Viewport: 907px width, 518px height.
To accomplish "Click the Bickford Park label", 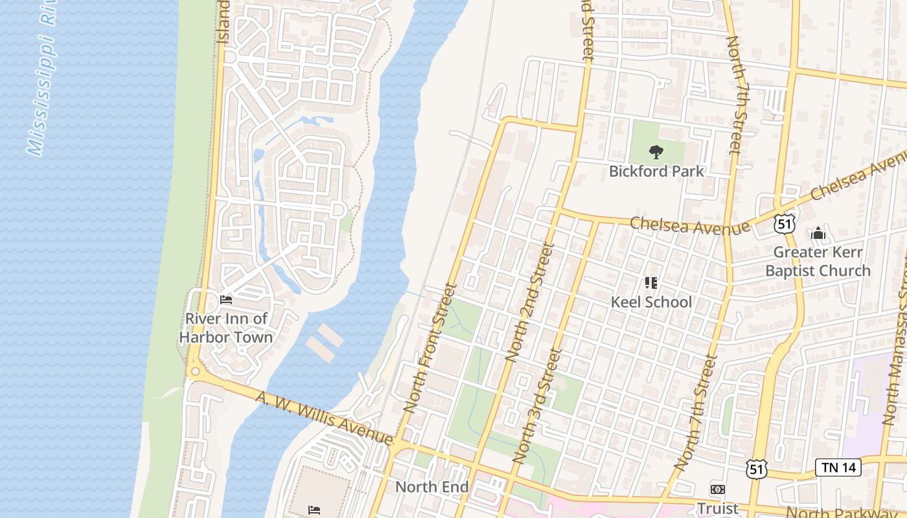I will click(656, 172).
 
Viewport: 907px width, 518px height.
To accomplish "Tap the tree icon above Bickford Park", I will click(656, 153).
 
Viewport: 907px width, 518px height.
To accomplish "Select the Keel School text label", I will click(651, 302).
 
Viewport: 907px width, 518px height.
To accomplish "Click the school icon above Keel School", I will click(651, 283).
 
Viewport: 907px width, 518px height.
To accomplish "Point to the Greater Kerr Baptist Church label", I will click(818, 262).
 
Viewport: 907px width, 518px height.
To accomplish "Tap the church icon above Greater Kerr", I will click(818, 233).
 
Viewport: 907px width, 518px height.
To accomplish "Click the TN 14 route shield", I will click(838, 467).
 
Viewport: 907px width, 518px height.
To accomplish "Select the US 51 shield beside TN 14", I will click(756, 469).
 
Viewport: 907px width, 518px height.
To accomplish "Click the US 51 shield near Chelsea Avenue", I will click(784, 223).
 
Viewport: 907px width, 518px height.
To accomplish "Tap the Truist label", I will click(717, 508).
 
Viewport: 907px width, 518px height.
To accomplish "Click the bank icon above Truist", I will click(717, 490).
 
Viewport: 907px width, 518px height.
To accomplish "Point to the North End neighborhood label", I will click(431, 487).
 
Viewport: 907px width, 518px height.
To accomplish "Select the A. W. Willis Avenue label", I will click(324, 418).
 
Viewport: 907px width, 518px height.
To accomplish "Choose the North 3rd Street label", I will click(536, 406).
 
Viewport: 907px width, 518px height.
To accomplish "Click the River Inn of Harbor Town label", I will click(226, 328).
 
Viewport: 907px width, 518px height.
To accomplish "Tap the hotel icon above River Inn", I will click(226, 299).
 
